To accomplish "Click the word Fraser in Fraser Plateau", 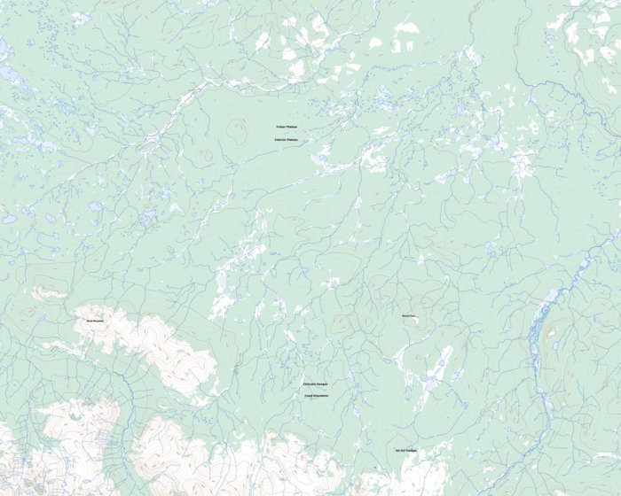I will (x=280, y=128).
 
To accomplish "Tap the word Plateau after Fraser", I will (x=292, y=128).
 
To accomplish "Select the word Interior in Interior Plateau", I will (x=280, y=140).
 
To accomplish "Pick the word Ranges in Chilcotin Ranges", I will (x=322, y=384).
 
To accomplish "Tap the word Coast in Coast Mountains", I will (x=309, y=396).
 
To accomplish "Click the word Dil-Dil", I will (x=400, y=451).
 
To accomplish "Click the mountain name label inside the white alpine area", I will (x=95, y=321).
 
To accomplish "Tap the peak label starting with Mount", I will (x=408, y=315).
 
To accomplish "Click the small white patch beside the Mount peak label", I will (x=417, y=322).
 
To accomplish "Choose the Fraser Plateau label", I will (x=287, y=128).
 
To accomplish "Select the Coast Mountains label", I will (x=315, y=396).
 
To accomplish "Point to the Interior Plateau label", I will (x=287, y=140).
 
